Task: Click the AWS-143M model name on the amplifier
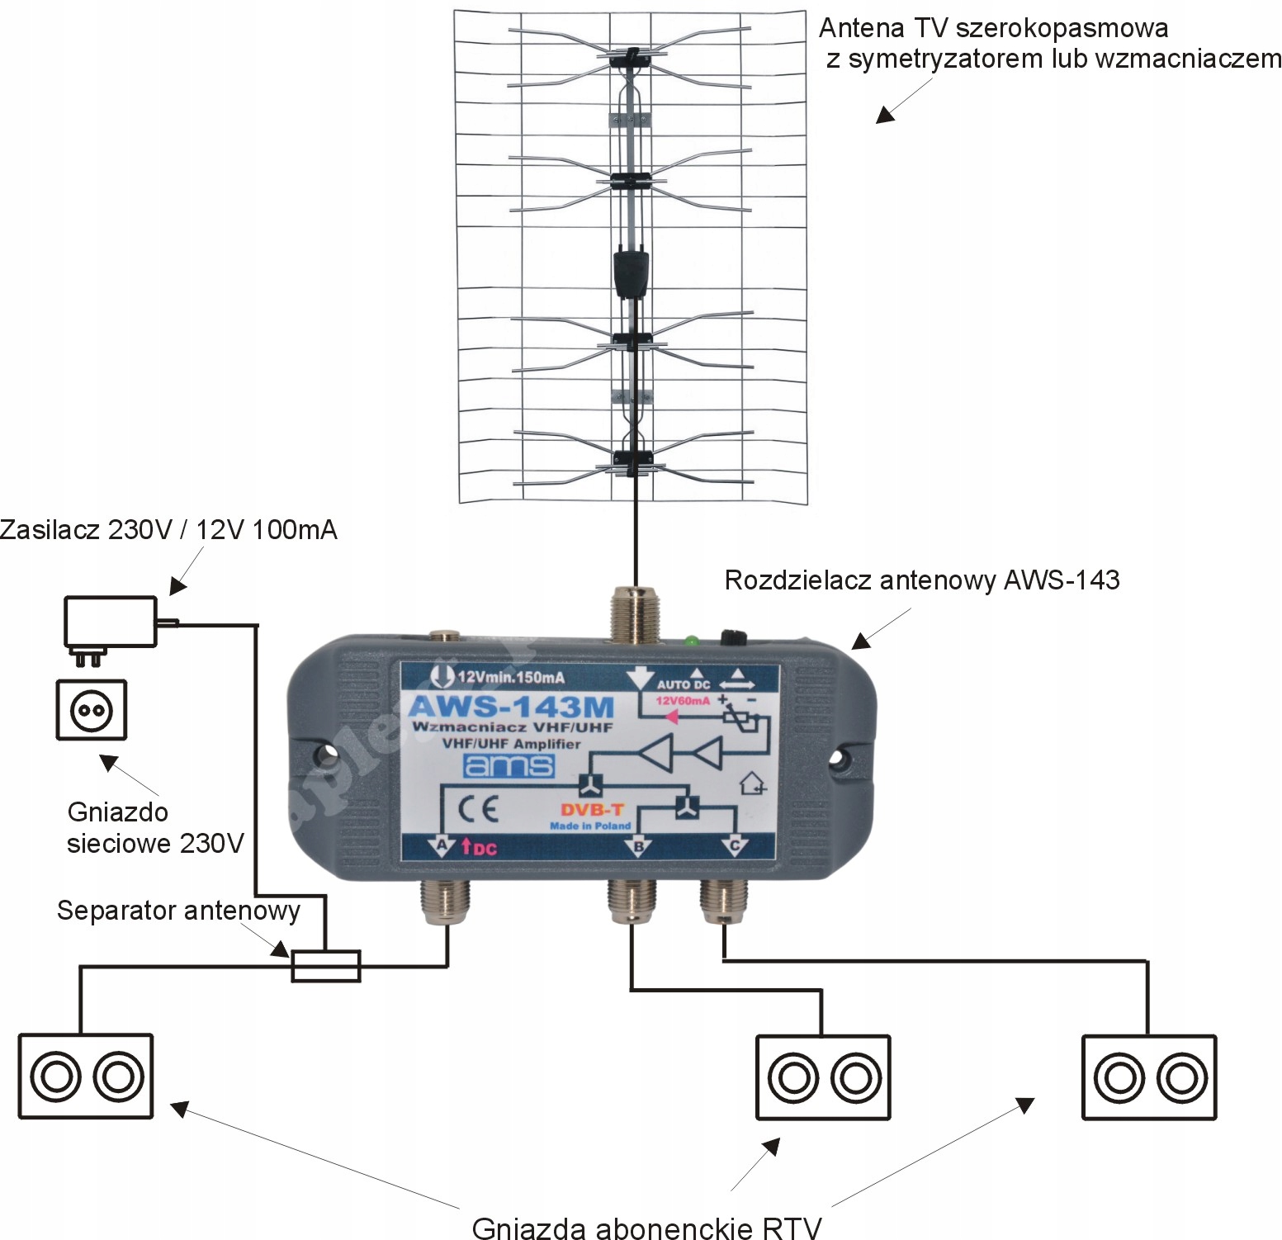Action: click(x=511, y=707)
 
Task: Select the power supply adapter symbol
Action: click(x=111, y=622)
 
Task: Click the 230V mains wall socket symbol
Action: click(x=92, y=709)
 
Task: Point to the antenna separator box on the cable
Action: click(x=326, y=966)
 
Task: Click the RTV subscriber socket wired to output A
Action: click(x=86, y=1076)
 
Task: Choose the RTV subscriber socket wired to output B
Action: click(x=823, y=1077)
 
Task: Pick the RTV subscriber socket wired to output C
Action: click(x=1148, y=1077)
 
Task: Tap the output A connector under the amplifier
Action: click(x=446, y=901)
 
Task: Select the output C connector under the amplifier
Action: click(x=724, y=899)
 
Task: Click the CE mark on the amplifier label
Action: click(x=478, y=808)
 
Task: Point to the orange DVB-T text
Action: click(x=592, y=810)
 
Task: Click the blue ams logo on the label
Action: click(x=509, y=765)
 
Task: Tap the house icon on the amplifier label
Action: click(x=752, y=783)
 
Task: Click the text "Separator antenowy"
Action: click(x=178, y=911)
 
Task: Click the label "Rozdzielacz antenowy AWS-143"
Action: click(x=921, y=580)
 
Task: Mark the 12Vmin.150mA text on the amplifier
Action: click(x=510, y=677)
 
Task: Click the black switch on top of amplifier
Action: click(x=733, y=637)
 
